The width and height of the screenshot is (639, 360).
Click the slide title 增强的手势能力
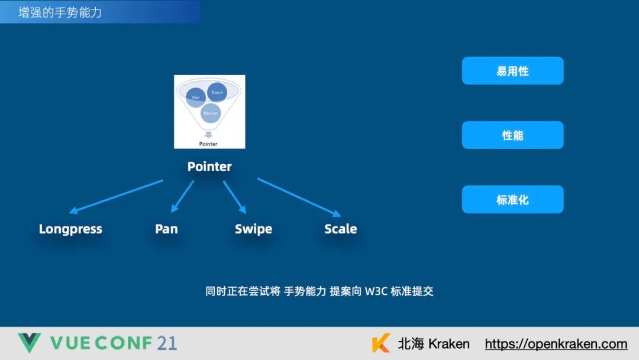pyautogui.click(x=60, y=12)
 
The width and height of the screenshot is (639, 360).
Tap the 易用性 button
pyautogui.click(x=512, y=71)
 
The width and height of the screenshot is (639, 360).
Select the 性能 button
pyautogui.click(x=512, y=135)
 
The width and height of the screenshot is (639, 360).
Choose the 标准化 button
pyautogui.click(x=512, y=200)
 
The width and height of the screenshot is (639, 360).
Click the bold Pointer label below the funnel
pyautogui.click(x=209, y=167)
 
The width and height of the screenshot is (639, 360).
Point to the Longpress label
pyautogui.click(x=70, y=229)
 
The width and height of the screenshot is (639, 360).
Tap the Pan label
pyautogui.click(x=166, y=229)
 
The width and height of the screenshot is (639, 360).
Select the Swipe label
pyautogui.click(x=253, y=229)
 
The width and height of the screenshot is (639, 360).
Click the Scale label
pyautogui.click(x=340, y=229)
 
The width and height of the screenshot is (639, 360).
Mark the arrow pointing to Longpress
pyautogui.click(x=116, y=196)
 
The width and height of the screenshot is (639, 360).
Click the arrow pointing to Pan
pyautogui.click(x=182, y=196)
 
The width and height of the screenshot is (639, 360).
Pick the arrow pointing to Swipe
pyautogui.click(x=234, y=196)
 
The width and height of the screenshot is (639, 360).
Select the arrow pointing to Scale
pyautogui.click(x=299, y=197)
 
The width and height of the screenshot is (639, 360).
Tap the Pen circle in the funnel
pyautogui.click(x=195, y=97)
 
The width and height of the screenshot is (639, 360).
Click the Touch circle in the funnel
pyautogui.click(x=217, y=92)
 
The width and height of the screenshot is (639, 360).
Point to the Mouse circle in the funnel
pyautogui.click(x=210, y=112)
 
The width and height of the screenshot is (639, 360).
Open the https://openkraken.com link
pyautogui.click(x=556, y=344)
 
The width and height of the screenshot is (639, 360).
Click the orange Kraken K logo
pyautogui.click(x=381, y=343)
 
